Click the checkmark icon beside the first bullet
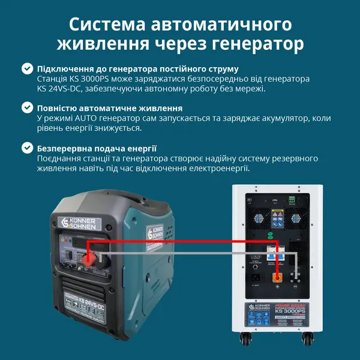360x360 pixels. tap(27, 69)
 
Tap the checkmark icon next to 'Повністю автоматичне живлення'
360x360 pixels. tap(27, 108)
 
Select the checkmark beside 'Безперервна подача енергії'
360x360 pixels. tap(27, 148)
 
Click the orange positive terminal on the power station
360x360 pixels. tap(277, 278)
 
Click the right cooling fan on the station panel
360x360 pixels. tap(295, 220)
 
